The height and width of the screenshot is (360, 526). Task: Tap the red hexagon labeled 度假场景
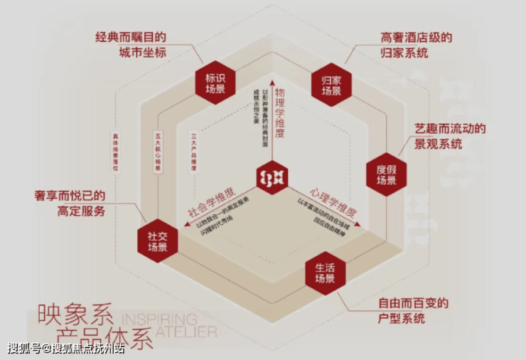(x=386, y=174)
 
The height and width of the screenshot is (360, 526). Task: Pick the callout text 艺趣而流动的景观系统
(x=450, y=136)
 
